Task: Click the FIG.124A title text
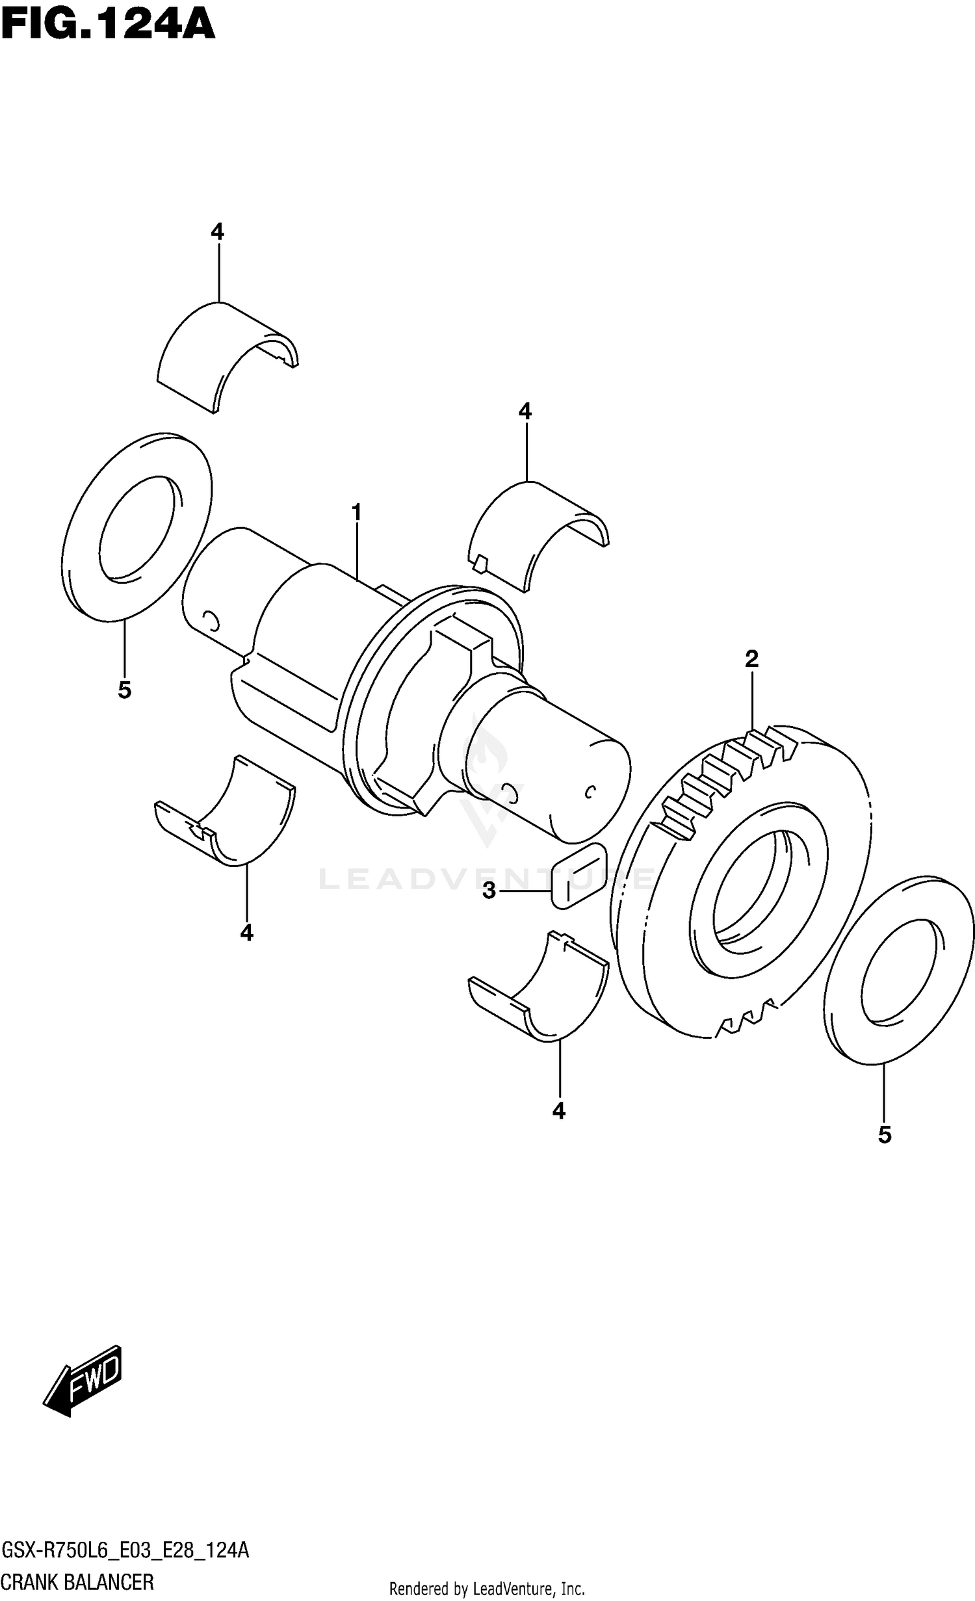coord(107,26)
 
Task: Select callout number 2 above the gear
coord(751,659)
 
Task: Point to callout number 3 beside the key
coord(489,890)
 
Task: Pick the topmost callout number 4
coord(217,231)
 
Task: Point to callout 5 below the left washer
coord(124,690)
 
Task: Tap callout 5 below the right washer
coord(884,1135)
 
